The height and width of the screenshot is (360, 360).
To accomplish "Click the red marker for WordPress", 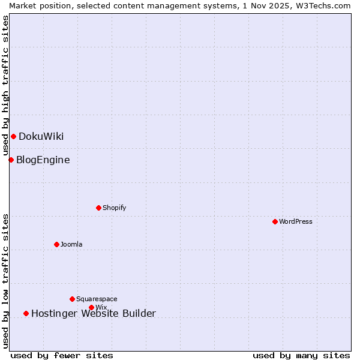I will (x=275, y=221).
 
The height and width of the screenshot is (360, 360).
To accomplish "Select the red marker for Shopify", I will (x=98, y=208).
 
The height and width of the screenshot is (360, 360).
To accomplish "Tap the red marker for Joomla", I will (x=56, y=244).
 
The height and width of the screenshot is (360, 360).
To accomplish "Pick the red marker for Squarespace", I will (x=72, y=299).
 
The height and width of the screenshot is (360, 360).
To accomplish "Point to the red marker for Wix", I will (x=91, y=307).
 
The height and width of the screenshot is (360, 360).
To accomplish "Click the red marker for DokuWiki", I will (x=13, y=136).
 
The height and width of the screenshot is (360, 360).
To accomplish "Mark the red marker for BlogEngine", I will (x=11, y=160).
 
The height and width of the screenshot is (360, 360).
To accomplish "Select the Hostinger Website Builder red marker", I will (x=26, y=313).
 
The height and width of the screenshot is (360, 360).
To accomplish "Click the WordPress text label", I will (x=296, y=221).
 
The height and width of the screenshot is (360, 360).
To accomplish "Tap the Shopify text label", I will (x=114, y=208).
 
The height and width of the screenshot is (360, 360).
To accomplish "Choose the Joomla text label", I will (x=71, y=244).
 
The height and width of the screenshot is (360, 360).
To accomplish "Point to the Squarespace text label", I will (x=97, y=299).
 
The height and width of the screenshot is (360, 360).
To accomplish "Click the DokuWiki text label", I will (x=41, y=136).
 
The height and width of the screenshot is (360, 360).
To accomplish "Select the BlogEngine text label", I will (x=43, y=160).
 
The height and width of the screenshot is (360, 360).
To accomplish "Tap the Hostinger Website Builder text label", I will (x=93, y=313).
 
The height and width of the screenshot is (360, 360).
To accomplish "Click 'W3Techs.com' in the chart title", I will (x=322, y=5).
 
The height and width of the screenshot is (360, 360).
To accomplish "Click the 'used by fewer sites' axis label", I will (x=62, y=355).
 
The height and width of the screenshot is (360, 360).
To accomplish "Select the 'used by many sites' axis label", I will (x=301, y=355).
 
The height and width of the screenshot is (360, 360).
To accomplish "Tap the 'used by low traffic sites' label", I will (x=5, y=280).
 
